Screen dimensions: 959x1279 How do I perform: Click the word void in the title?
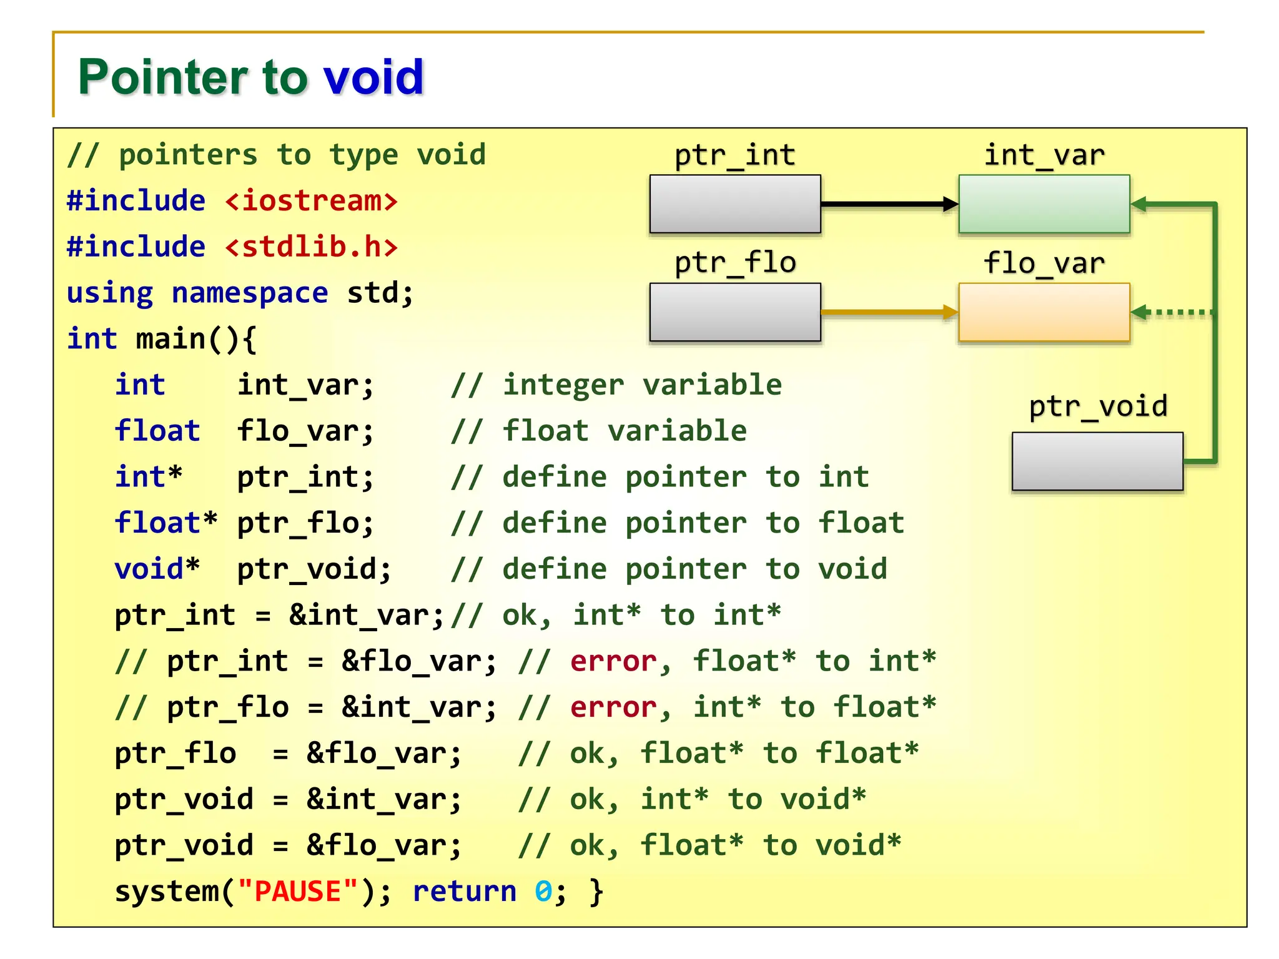point(373,77)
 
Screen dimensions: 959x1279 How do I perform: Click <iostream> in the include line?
point(311,201)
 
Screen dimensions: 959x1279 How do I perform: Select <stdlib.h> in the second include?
point(311,247)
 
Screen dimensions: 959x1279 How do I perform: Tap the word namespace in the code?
point(249,293)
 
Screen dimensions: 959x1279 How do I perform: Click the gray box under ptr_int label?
point(735,204)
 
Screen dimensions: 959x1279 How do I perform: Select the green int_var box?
point(1044,204)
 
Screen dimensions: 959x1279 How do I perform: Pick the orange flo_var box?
point(1044,312)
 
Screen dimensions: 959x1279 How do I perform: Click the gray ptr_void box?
point(1097,461)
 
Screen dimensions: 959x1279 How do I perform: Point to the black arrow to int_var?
point(887,204)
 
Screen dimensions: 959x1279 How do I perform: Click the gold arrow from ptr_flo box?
point(887,312)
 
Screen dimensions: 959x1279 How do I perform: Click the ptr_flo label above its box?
point(735,263)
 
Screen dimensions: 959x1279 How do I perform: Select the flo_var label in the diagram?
point(1044,263)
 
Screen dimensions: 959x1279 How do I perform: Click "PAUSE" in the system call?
point(298,891)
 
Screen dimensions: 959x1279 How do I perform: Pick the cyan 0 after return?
point(543,891)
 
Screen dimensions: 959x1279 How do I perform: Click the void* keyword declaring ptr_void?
point(157,569)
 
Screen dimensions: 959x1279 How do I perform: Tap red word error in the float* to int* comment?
point(613,661)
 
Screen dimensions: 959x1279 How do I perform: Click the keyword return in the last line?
point(465,891)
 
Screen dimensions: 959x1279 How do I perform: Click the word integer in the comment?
point(563,385)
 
